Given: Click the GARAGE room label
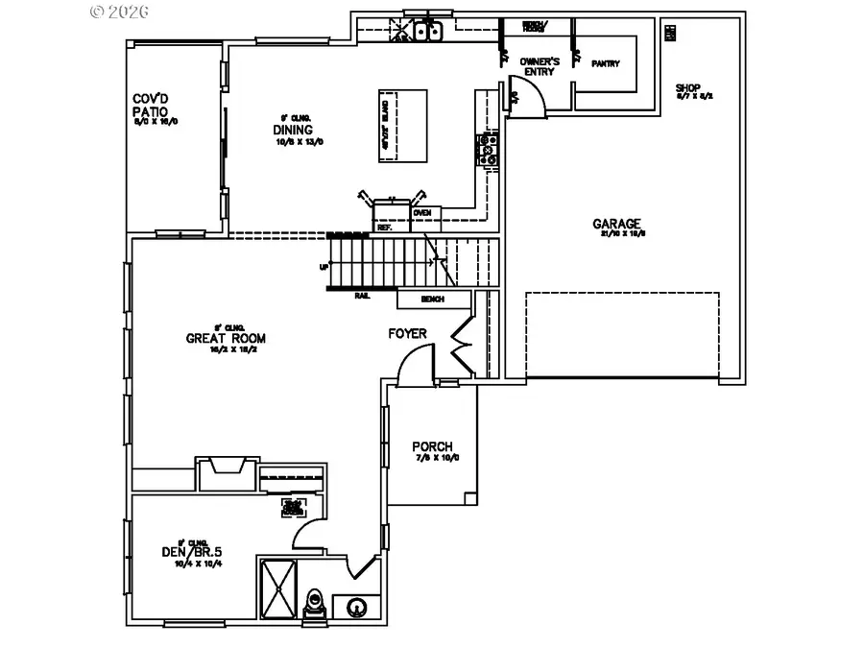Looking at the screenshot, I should (x=617, y=225).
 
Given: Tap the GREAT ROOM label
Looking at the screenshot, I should (x=226, y=338).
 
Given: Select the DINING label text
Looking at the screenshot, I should (x=292, y=130).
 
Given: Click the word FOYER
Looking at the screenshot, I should (x=407, y=334).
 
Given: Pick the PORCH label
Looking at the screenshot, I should (x=432, y=446).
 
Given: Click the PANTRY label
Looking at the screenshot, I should (x=605, y=64).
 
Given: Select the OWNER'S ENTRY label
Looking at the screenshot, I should (x=539, y=66).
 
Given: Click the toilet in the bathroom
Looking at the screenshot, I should (x=312, y=603).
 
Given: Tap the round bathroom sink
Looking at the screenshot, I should (x=356, y=607).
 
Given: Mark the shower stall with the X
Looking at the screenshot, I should (x=280, y=588).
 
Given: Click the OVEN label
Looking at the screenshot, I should (x=421, y=212).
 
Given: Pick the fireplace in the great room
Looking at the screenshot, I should (x=227, y=470).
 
